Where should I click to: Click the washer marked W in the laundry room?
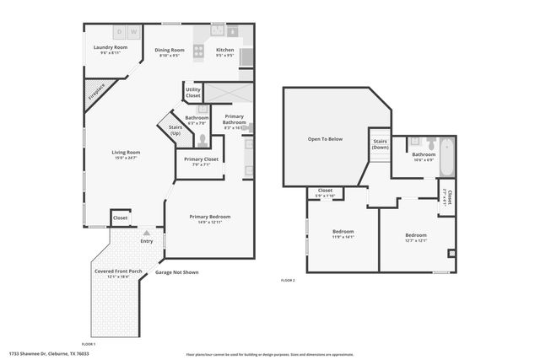click(x=132, y=32)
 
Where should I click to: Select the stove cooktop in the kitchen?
click(x=199, y=51)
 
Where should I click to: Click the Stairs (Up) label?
click(x=175, y=130)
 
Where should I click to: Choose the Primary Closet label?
click(x=201, y=159)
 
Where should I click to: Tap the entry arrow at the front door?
click(x=147, y=233)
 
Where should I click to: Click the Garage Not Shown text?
click(x=176, y=272)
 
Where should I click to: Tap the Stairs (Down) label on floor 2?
click(x=380, y=144)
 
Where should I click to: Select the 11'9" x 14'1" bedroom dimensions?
click(x=343, y=237)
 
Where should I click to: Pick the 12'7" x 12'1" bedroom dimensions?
click(x=416, y=240)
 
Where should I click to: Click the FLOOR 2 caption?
click(x=288, y=280)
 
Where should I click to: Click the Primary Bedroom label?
click(x=210, y=217)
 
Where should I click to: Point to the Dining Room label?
click(x=170, y=51)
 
